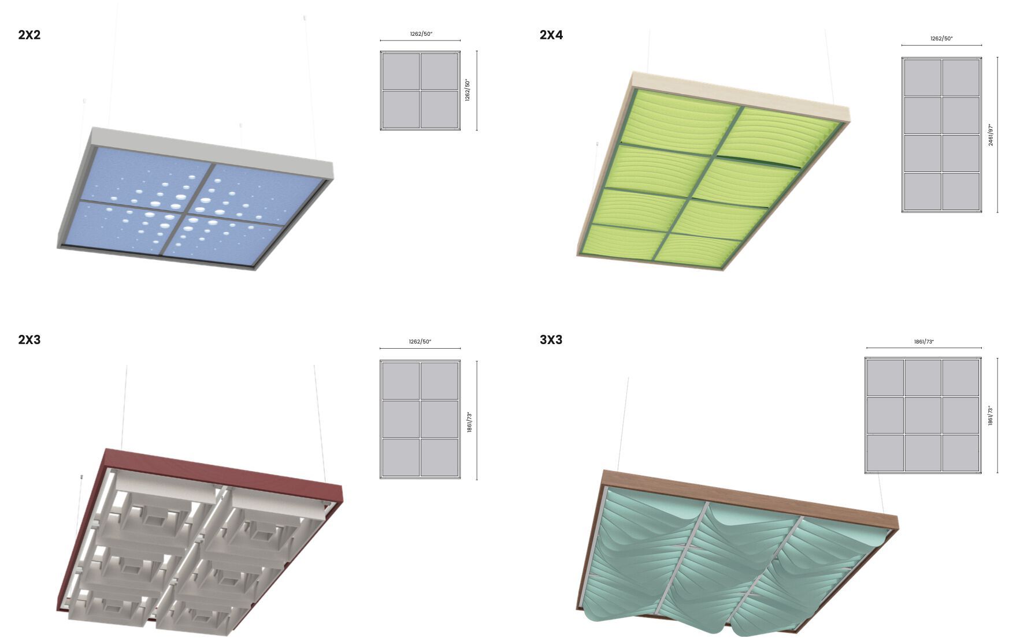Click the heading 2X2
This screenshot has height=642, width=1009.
[x=29, y=35]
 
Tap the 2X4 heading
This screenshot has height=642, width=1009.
[x=551, y=35]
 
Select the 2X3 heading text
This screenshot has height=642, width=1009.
[x=29, y=339]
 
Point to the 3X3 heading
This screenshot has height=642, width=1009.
[x=551, y=339]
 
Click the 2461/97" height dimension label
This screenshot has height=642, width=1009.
[x=991, y=135]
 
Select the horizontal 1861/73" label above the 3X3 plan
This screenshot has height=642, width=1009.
[x=923, y=342]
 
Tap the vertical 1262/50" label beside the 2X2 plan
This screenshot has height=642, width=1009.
[x=468, y=90]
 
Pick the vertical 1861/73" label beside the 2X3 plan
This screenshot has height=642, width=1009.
[x=469, y=423]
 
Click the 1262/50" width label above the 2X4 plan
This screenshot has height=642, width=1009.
[x=941, y=39]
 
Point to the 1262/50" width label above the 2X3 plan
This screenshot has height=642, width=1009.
[x=420, y=342]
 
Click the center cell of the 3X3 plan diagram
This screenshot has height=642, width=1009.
[x=923, y=415]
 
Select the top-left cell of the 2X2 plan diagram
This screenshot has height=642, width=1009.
[x=401, y=72]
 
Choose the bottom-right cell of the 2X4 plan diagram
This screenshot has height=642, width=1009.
[x=960, y=191]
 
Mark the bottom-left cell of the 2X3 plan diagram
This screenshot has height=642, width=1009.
[x=401, y=457]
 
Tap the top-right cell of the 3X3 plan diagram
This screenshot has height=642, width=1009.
[x=960, y=378]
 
